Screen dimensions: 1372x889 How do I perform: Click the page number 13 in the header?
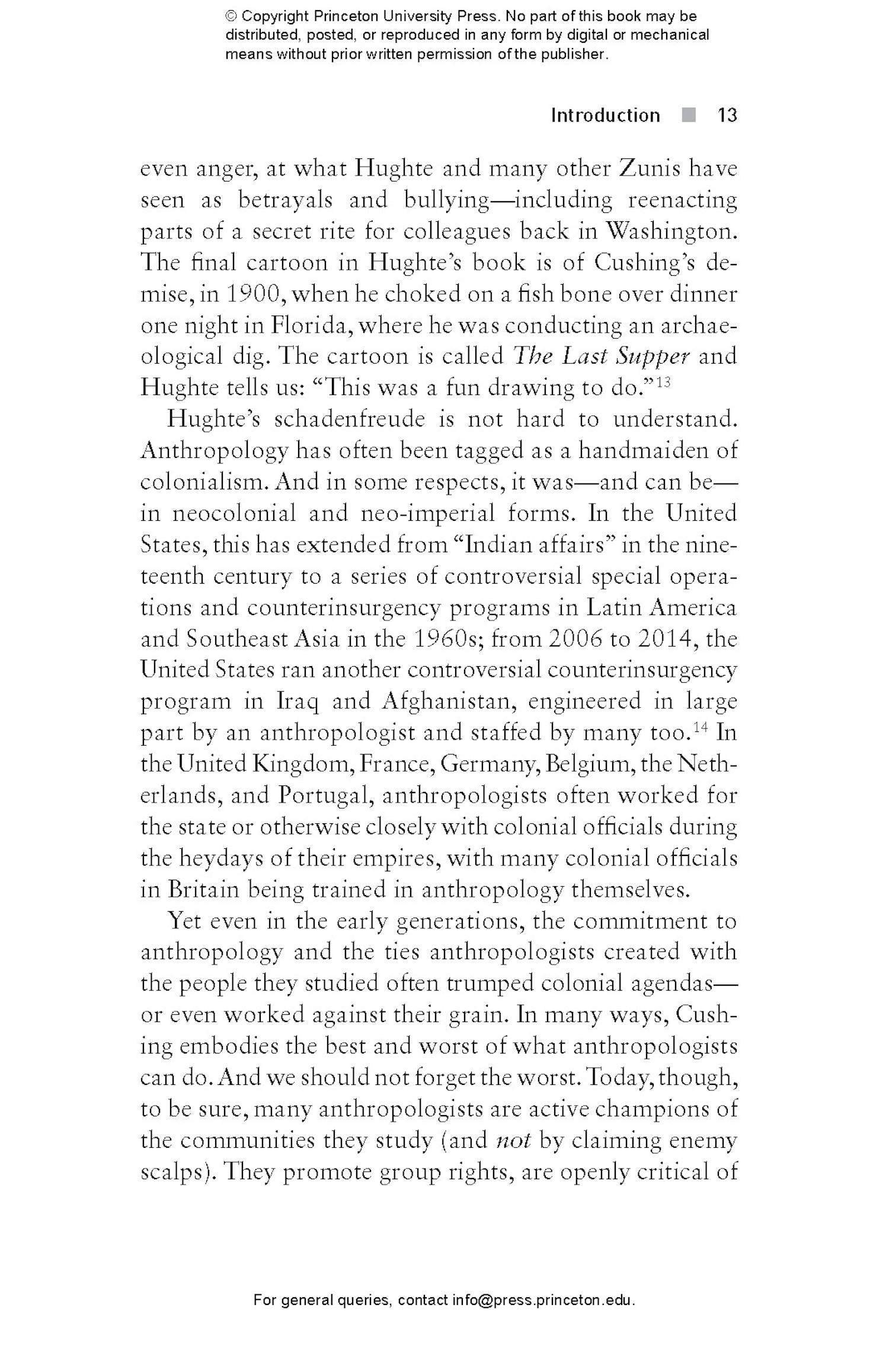(x=727, y=115)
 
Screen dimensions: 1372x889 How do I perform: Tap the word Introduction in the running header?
(x=605, y=115)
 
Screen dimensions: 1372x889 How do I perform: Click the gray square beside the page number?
(x=688, y=115)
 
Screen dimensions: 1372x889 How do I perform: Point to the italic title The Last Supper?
(x=601, y=356)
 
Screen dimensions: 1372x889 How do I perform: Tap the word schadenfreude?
(x=350, y=419)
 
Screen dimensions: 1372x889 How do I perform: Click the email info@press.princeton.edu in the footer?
(x=543, y=1300)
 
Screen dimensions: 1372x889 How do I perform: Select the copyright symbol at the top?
(x=231, y=16)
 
